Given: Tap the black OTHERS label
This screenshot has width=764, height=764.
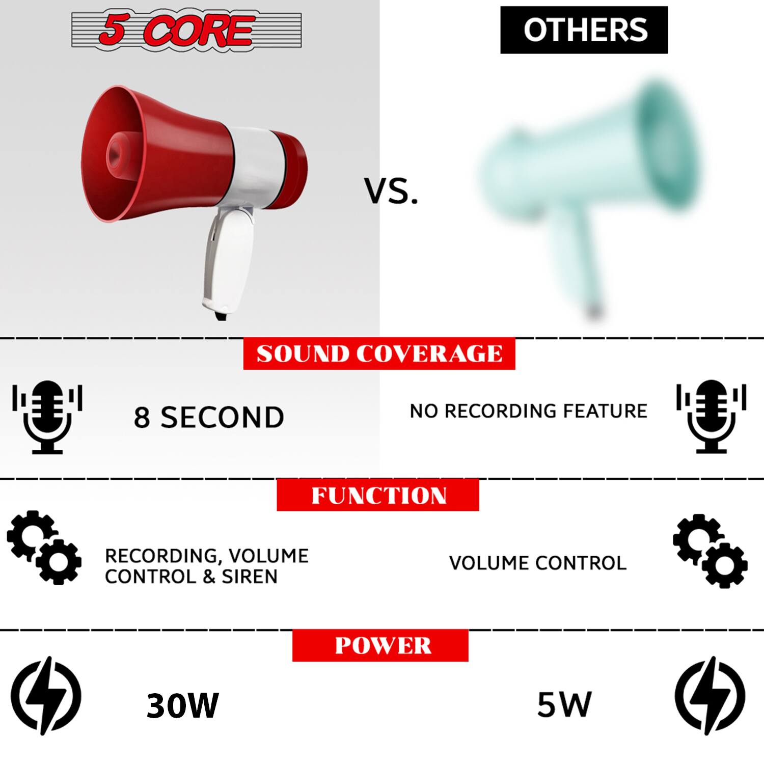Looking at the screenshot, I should pyautogui.click(x=584, y=30).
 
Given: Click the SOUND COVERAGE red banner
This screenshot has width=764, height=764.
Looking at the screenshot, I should pyautogui.click(x=379, y=353).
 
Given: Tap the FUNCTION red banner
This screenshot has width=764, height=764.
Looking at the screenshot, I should pyautogui.click(x=378, y=495).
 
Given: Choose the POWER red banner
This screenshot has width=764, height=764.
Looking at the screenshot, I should pyautogui.click(x=380, y=645).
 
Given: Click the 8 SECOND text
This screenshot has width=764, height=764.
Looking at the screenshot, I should pyautogui.click(x=209, y=417).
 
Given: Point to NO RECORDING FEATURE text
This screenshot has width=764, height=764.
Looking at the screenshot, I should pyautogui.click(x=528, y=411).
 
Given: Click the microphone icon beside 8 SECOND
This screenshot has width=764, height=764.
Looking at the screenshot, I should pyautogui.click(x=47, y=417).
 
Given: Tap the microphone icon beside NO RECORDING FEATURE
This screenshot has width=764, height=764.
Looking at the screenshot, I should pyautogui.click(x=711, y=416).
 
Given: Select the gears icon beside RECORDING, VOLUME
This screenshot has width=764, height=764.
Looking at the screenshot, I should pyautogui.click(x=44, y=547).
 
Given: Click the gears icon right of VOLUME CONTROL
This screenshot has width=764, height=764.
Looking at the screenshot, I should pyautogui.click(x=710, y=551).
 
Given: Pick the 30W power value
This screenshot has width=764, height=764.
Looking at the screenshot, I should pyautogui.click(x=182, y=705).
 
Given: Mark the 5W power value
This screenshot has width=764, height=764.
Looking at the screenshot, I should pyautogui.click(x=564, y=704).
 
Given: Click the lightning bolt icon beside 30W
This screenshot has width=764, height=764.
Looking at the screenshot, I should pyautogui.click(x=46, y=695).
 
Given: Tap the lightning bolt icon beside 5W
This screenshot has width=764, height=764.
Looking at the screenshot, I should pyautogui.click(x=710, y=695).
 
